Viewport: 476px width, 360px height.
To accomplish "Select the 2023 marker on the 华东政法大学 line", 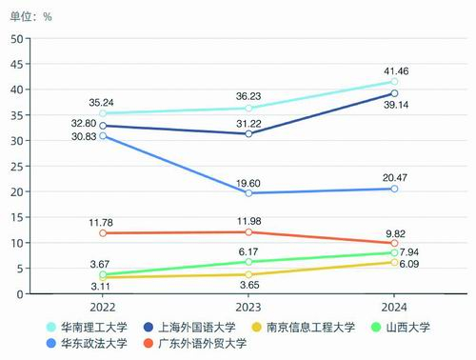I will pyautogui.click(x=248, y=193).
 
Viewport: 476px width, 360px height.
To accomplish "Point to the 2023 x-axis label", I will pyautogui.click(x=248, y=308).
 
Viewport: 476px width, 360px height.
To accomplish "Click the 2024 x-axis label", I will pyautogui.click(x=394, y=308).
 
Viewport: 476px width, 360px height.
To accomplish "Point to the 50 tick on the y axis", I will pyautogui.click(x=16, y=38).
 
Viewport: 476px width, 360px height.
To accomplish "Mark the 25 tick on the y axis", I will pyautogui.click(x=16, y=166).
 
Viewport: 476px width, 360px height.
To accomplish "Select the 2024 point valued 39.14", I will pyautogui.click(x=394, y=93).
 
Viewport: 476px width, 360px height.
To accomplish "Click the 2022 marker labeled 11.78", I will pyautogui.click(x=103, y=233).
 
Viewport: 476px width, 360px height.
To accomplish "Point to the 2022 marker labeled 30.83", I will pyautogui.click(x=103, y=136).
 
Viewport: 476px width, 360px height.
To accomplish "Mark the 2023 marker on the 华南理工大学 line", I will pyautogui.click(x=248, y=109).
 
